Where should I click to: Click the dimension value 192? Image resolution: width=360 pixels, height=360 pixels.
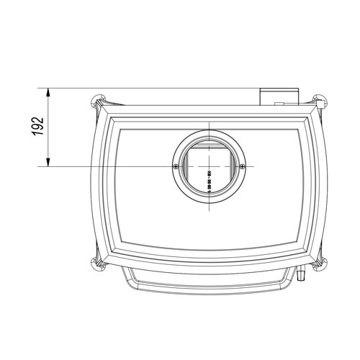[x=39, y=127]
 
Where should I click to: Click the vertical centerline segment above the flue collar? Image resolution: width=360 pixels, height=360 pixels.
[x=209, y=127]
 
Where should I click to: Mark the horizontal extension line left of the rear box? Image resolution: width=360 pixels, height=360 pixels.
[x=144, y=89]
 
